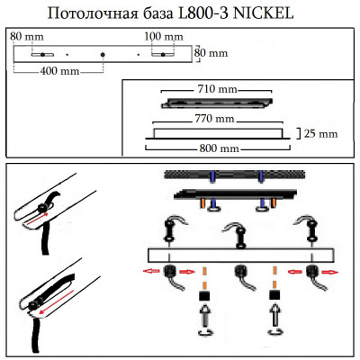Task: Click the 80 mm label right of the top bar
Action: click(213, 53)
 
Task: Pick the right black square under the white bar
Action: click(275, 295)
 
